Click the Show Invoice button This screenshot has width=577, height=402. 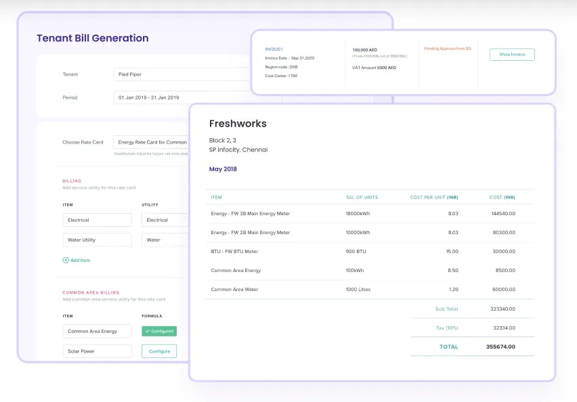pyautogui.click(x=512, y=55)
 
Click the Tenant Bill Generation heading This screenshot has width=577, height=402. pyautogui.click(x=92, y=39)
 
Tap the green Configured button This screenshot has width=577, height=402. pyautogui.click(x=159, y=331)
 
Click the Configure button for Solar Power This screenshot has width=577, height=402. pyautogui.click(x=159, y=351)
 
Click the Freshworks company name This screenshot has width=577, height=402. pyautogui.click(x=238, y=124)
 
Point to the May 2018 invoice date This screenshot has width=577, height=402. pyautogui.click(x=223, y=169)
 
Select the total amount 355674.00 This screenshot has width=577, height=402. pyautogui.click(x=500, y=347)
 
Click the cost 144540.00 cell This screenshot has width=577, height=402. pyautogui.click(x=503, y=214)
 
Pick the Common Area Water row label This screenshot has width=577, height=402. pyautogui.click(x=234, y=290)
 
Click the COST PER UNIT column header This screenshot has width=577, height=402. pyautogui.click(x=434, y=198)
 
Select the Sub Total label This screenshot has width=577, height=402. pyautogui.click(x=446, y=309)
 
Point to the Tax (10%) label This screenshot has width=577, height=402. pyautogui.click(x=446, y=328)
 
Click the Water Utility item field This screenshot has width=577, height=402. pyautogui.click(x=98, y=240)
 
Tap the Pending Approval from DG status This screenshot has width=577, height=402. pyautogui.click(x=447, y=49)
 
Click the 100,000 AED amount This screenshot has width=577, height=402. pyautogui.click(x=366, y=49)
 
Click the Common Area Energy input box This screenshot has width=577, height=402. pyautogui.click(x=98, y=331)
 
